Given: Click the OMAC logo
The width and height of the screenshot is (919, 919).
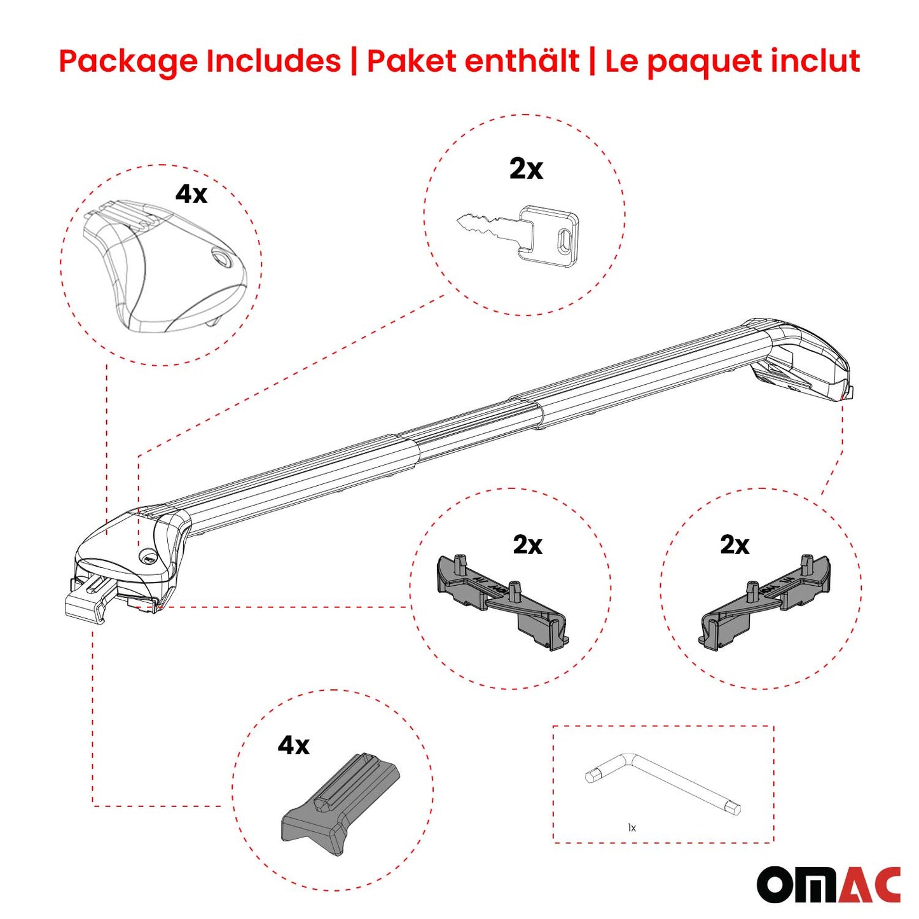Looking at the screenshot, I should (828, 885).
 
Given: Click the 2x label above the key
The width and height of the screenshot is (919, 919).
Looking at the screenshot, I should (526, 169).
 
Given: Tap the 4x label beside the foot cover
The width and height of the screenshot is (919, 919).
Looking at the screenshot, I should (191, 193).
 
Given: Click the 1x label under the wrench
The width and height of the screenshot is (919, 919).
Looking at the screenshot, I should (632, 827).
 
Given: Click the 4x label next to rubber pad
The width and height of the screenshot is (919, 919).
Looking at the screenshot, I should (293, 745).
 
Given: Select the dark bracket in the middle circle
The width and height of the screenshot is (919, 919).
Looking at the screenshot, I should (502, 601).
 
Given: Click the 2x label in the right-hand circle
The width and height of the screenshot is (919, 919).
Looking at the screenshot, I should (735, 545).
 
